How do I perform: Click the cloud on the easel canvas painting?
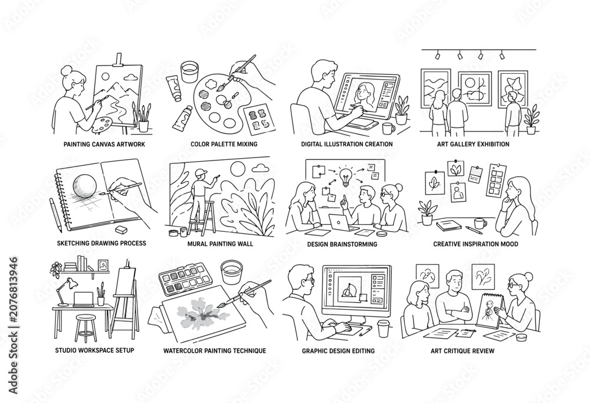point(131,77)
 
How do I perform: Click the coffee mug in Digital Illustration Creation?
point(388,128)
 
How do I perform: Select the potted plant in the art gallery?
point(531,120)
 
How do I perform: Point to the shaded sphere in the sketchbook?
point(85,186)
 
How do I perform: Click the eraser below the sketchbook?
point(121,229)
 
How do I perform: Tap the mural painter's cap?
point(201,172)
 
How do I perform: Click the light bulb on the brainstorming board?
point(346,177)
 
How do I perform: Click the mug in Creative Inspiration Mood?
point(480,223)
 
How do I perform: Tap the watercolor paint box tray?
point(183,279)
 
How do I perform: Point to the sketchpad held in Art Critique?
point(489,310)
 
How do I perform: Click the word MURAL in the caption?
point(198,244)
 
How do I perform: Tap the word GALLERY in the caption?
point(464,144)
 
